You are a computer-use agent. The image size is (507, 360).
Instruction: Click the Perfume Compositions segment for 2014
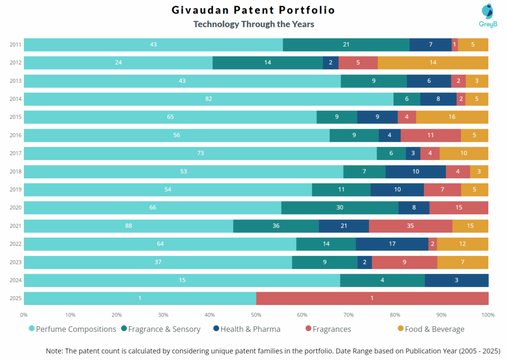click(x=208, y=99)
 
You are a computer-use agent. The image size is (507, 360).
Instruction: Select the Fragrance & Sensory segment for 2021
click(x=276, y=226)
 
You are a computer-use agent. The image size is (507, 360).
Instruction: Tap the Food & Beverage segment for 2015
click(x=452, y=117)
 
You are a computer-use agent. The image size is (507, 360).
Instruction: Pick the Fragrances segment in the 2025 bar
click(x=372, y=298)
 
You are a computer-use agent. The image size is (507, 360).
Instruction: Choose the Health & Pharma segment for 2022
click(x=392, y=244)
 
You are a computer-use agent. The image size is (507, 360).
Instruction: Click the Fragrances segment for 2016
click(x=431, y=135)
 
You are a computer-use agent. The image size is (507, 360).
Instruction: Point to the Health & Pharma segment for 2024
click(x=456, y=280)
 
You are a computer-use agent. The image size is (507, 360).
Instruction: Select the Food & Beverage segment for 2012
click(x=433, y=63)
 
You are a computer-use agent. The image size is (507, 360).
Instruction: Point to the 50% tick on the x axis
click(x=256, y=315)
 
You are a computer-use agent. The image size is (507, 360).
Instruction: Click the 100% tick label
click(x=488, y=315)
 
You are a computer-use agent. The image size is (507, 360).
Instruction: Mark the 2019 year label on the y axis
click(x=15, y=190)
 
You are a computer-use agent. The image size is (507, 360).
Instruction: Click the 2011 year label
click(x=15, y=45)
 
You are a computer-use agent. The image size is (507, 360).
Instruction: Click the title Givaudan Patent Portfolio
click(x=253, y=10)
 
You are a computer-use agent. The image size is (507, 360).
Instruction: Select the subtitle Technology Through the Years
click(x=253, y=24)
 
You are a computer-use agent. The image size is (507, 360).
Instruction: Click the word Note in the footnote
click(x=55, y=350)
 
